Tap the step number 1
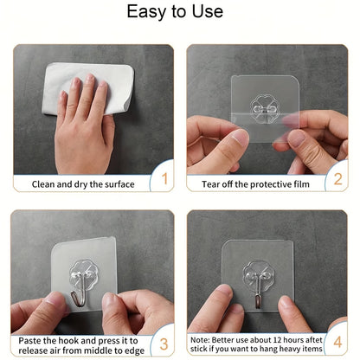pos(161,180)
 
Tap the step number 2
pos(338,180)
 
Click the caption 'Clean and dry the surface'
pos(83,183)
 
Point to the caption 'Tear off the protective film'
pos(255,183)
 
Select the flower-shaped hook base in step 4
pos(258,276)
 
